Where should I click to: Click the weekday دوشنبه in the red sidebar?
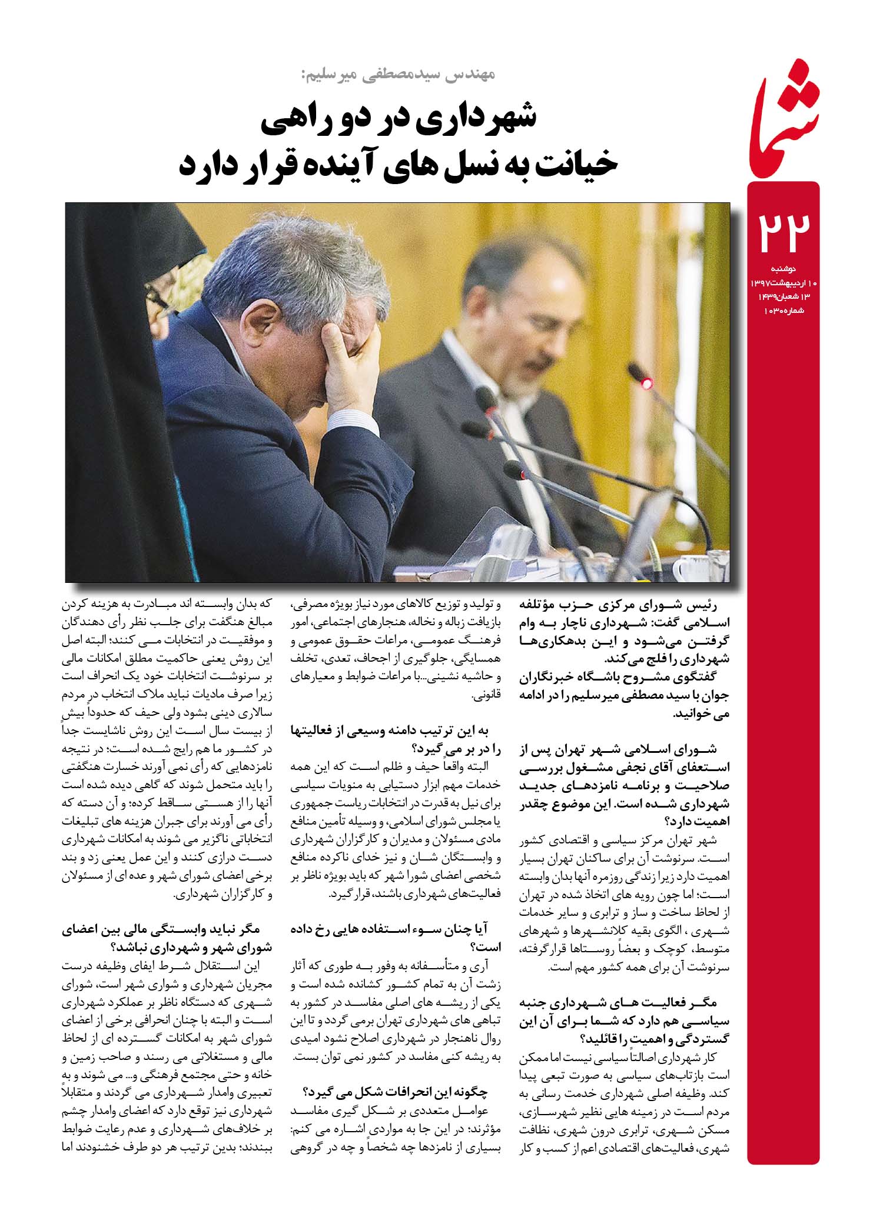(x=783, y=269)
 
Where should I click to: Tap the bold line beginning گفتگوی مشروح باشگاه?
(x=624, y=678)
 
